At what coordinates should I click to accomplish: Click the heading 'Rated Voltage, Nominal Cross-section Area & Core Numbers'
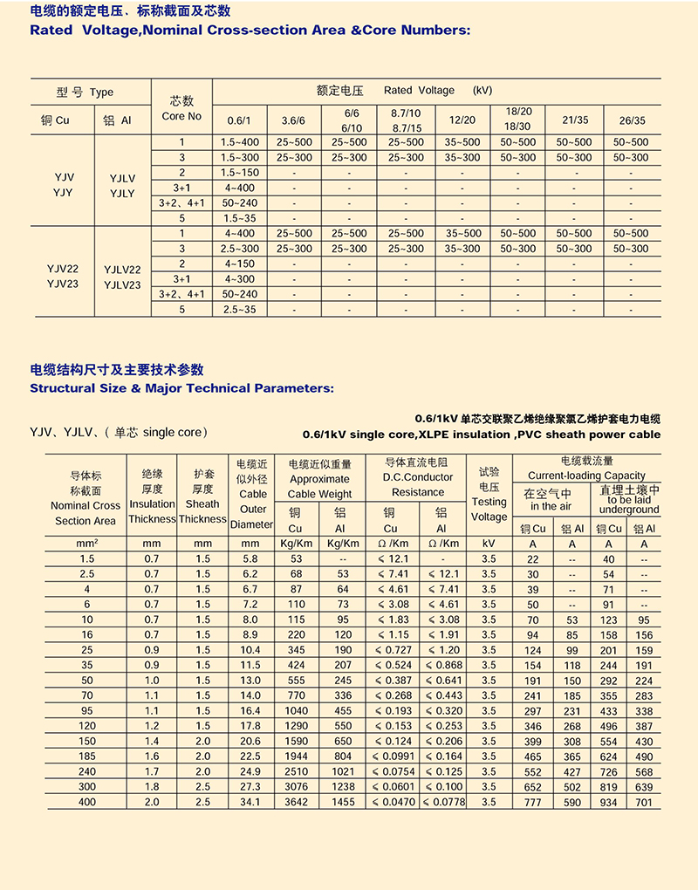(x=250, y=30)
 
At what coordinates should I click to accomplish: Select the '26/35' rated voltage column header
(x=632, y=120)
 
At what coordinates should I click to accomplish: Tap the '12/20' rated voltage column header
(x=462, y=120)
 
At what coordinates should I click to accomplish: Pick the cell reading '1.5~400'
(x=239, y=142)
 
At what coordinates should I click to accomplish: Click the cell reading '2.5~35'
(x=239, y=310)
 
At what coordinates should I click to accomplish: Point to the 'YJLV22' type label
(x=122, y=270)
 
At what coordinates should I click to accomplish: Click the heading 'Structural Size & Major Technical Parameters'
(x=181, y=388)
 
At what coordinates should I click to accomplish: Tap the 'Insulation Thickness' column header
(x=152, y=511)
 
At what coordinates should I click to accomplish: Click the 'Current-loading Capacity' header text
(x=587, y=476)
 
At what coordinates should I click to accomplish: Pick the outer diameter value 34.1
(x=250, y=802)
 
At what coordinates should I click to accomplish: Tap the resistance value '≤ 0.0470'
(x=390, y=802)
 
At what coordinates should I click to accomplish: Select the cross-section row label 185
(x=86, y=756)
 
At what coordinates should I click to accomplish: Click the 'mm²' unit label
(x=86, y=544)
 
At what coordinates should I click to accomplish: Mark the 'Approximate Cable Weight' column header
(x=319, y=486)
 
